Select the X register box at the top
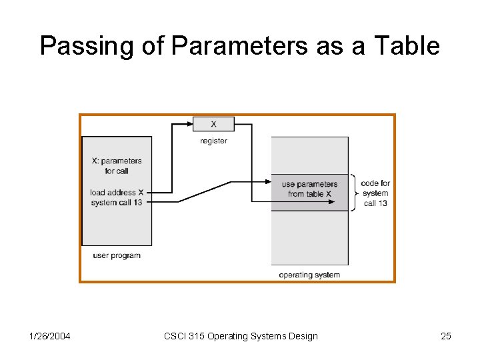213,124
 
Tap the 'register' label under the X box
213,141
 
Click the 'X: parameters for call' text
117,166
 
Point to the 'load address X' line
117,193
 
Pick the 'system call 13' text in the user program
117,202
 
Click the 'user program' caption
117,255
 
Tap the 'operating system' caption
309,275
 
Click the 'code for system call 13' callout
375,193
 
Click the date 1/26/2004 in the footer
51,336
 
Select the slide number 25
446,336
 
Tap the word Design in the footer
303,336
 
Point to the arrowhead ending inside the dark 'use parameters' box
331,201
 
